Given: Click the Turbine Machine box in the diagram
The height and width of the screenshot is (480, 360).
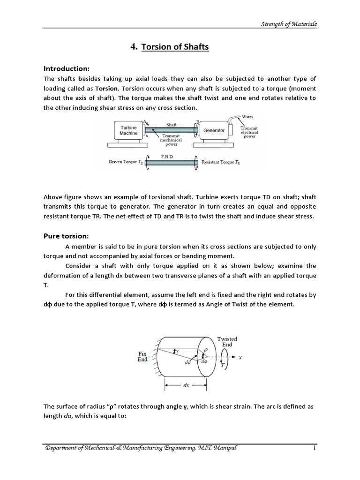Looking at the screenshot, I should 128,130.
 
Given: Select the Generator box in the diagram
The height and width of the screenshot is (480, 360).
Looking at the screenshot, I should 214,130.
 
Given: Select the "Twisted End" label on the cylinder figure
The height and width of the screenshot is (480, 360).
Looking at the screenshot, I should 227,341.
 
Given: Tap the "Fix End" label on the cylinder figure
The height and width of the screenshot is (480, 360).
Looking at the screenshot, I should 142,357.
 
